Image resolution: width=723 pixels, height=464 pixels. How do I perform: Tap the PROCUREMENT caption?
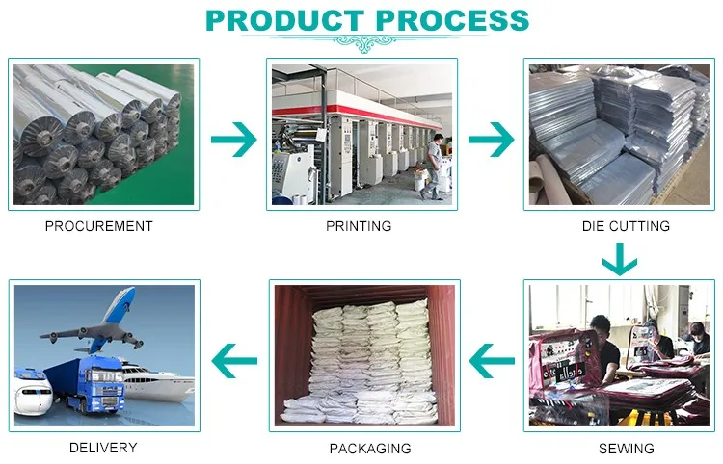point(99,226)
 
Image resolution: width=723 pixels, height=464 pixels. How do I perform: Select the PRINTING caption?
point(359,226)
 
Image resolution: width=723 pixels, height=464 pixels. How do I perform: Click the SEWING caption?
point(626,449)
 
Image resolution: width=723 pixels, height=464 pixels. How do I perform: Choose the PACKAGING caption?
point(370,449)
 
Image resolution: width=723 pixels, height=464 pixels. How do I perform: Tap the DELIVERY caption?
point(103,448)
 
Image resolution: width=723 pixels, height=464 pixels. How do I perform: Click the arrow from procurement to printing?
point(233,140)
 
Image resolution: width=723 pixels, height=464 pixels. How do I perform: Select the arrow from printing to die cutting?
point(492,140)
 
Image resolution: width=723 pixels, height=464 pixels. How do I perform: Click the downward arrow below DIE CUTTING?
point(620,259)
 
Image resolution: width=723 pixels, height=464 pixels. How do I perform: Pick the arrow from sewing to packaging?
point(492,362)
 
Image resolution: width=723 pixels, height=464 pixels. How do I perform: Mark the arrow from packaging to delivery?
point(235,362)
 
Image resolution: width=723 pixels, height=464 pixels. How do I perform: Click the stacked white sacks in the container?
point(369,361)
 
